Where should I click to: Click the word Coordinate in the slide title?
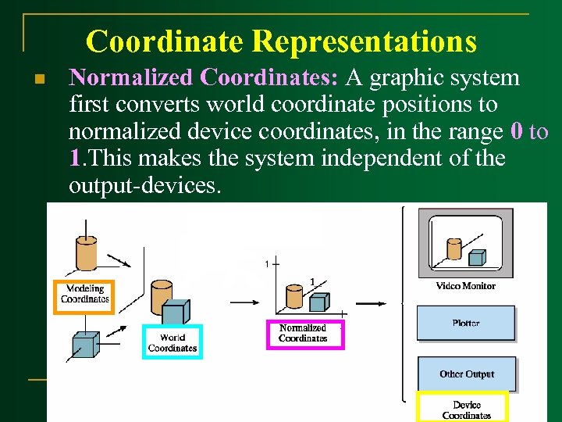pos(165,41)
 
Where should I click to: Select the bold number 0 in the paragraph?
pos(516,131)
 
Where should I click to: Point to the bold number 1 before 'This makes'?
pos(74,159)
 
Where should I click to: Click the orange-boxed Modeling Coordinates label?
pos(84,295)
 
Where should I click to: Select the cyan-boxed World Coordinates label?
pos(172,342)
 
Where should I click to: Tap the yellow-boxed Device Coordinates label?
pos(466,409)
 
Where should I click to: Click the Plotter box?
pos(466,323)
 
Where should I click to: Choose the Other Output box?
pos(466,374)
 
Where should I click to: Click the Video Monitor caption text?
pos(466,286)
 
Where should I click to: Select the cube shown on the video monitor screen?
pos(476,257)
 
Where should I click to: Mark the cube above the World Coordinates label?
pos(174,313)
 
